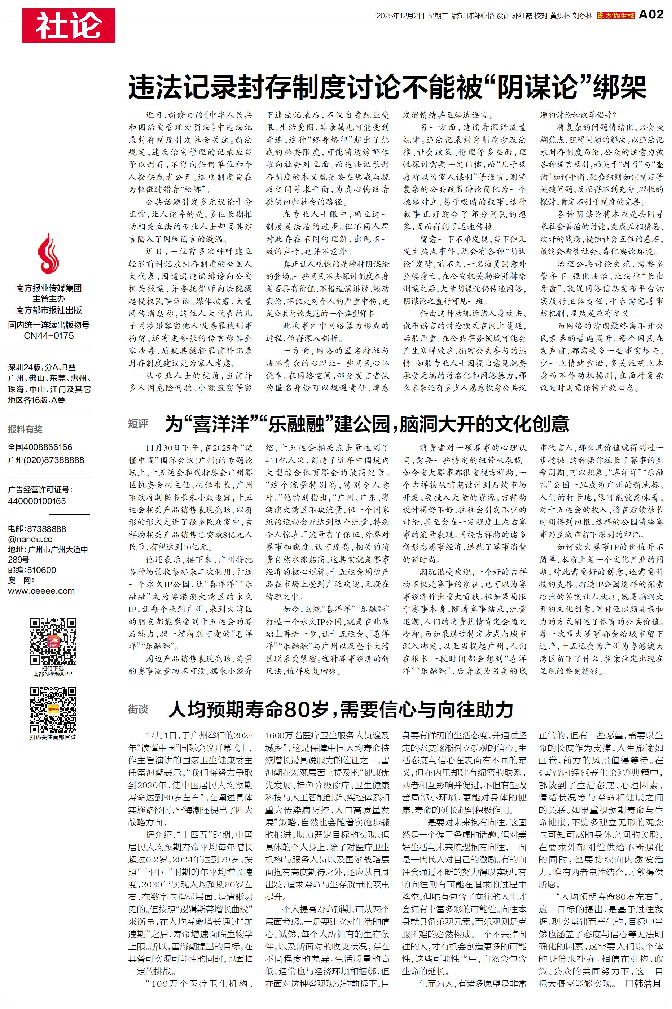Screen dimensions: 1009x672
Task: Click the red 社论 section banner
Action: [69, 25]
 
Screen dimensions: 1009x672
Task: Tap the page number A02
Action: [651, 15]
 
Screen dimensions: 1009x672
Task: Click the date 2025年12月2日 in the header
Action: [400, 16]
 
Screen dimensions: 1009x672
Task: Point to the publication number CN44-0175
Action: [49, 336]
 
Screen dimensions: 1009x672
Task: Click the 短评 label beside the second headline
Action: [138, 424]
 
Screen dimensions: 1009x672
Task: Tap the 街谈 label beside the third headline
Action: [138, 709]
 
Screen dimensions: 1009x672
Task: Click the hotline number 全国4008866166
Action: [40, 447]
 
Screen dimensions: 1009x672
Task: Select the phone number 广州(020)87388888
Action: [46, 460]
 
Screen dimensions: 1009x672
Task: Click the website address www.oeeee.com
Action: [41, 591]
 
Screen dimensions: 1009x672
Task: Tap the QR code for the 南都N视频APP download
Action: [53, 642]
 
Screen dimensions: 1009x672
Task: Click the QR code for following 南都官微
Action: [53, 710]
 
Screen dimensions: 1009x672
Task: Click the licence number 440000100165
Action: [37, 501]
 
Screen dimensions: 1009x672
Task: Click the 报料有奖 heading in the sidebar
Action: [25, 429]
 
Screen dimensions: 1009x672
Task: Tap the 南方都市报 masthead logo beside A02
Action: [615, 16]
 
